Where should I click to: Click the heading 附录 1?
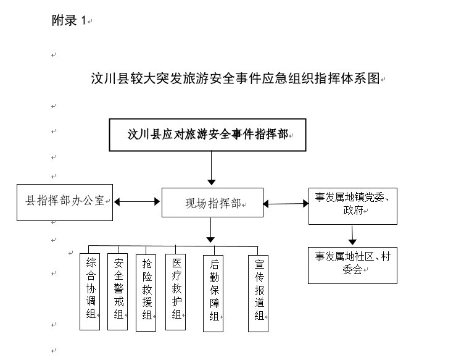69,20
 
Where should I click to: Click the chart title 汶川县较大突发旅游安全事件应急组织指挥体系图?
235,78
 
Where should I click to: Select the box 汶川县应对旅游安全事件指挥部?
208,135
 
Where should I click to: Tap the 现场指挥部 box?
213,203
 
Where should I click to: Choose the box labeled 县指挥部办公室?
65,203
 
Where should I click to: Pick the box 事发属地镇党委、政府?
353,206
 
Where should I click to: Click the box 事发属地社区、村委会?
352,266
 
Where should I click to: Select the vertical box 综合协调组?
90,291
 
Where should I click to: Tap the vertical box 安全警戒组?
117,291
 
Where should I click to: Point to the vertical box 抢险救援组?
146,293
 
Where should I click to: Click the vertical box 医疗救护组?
175,292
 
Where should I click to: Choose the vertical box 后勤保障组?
213,294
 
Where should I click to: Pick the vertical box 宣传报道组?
259,294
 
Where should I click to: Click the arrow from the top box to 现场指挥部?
212,168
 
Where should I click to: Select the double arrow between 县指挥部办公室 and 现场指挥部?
137,202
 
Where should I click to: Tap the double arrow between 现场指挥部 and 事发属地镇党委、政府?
286,204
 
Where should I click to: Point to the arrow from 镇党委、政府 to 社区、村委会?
352,235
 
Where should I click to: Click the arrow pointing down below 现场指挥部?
210,230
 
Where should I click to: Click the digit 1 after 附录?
83,20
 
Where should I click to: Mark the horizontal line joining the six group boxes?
173,246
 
